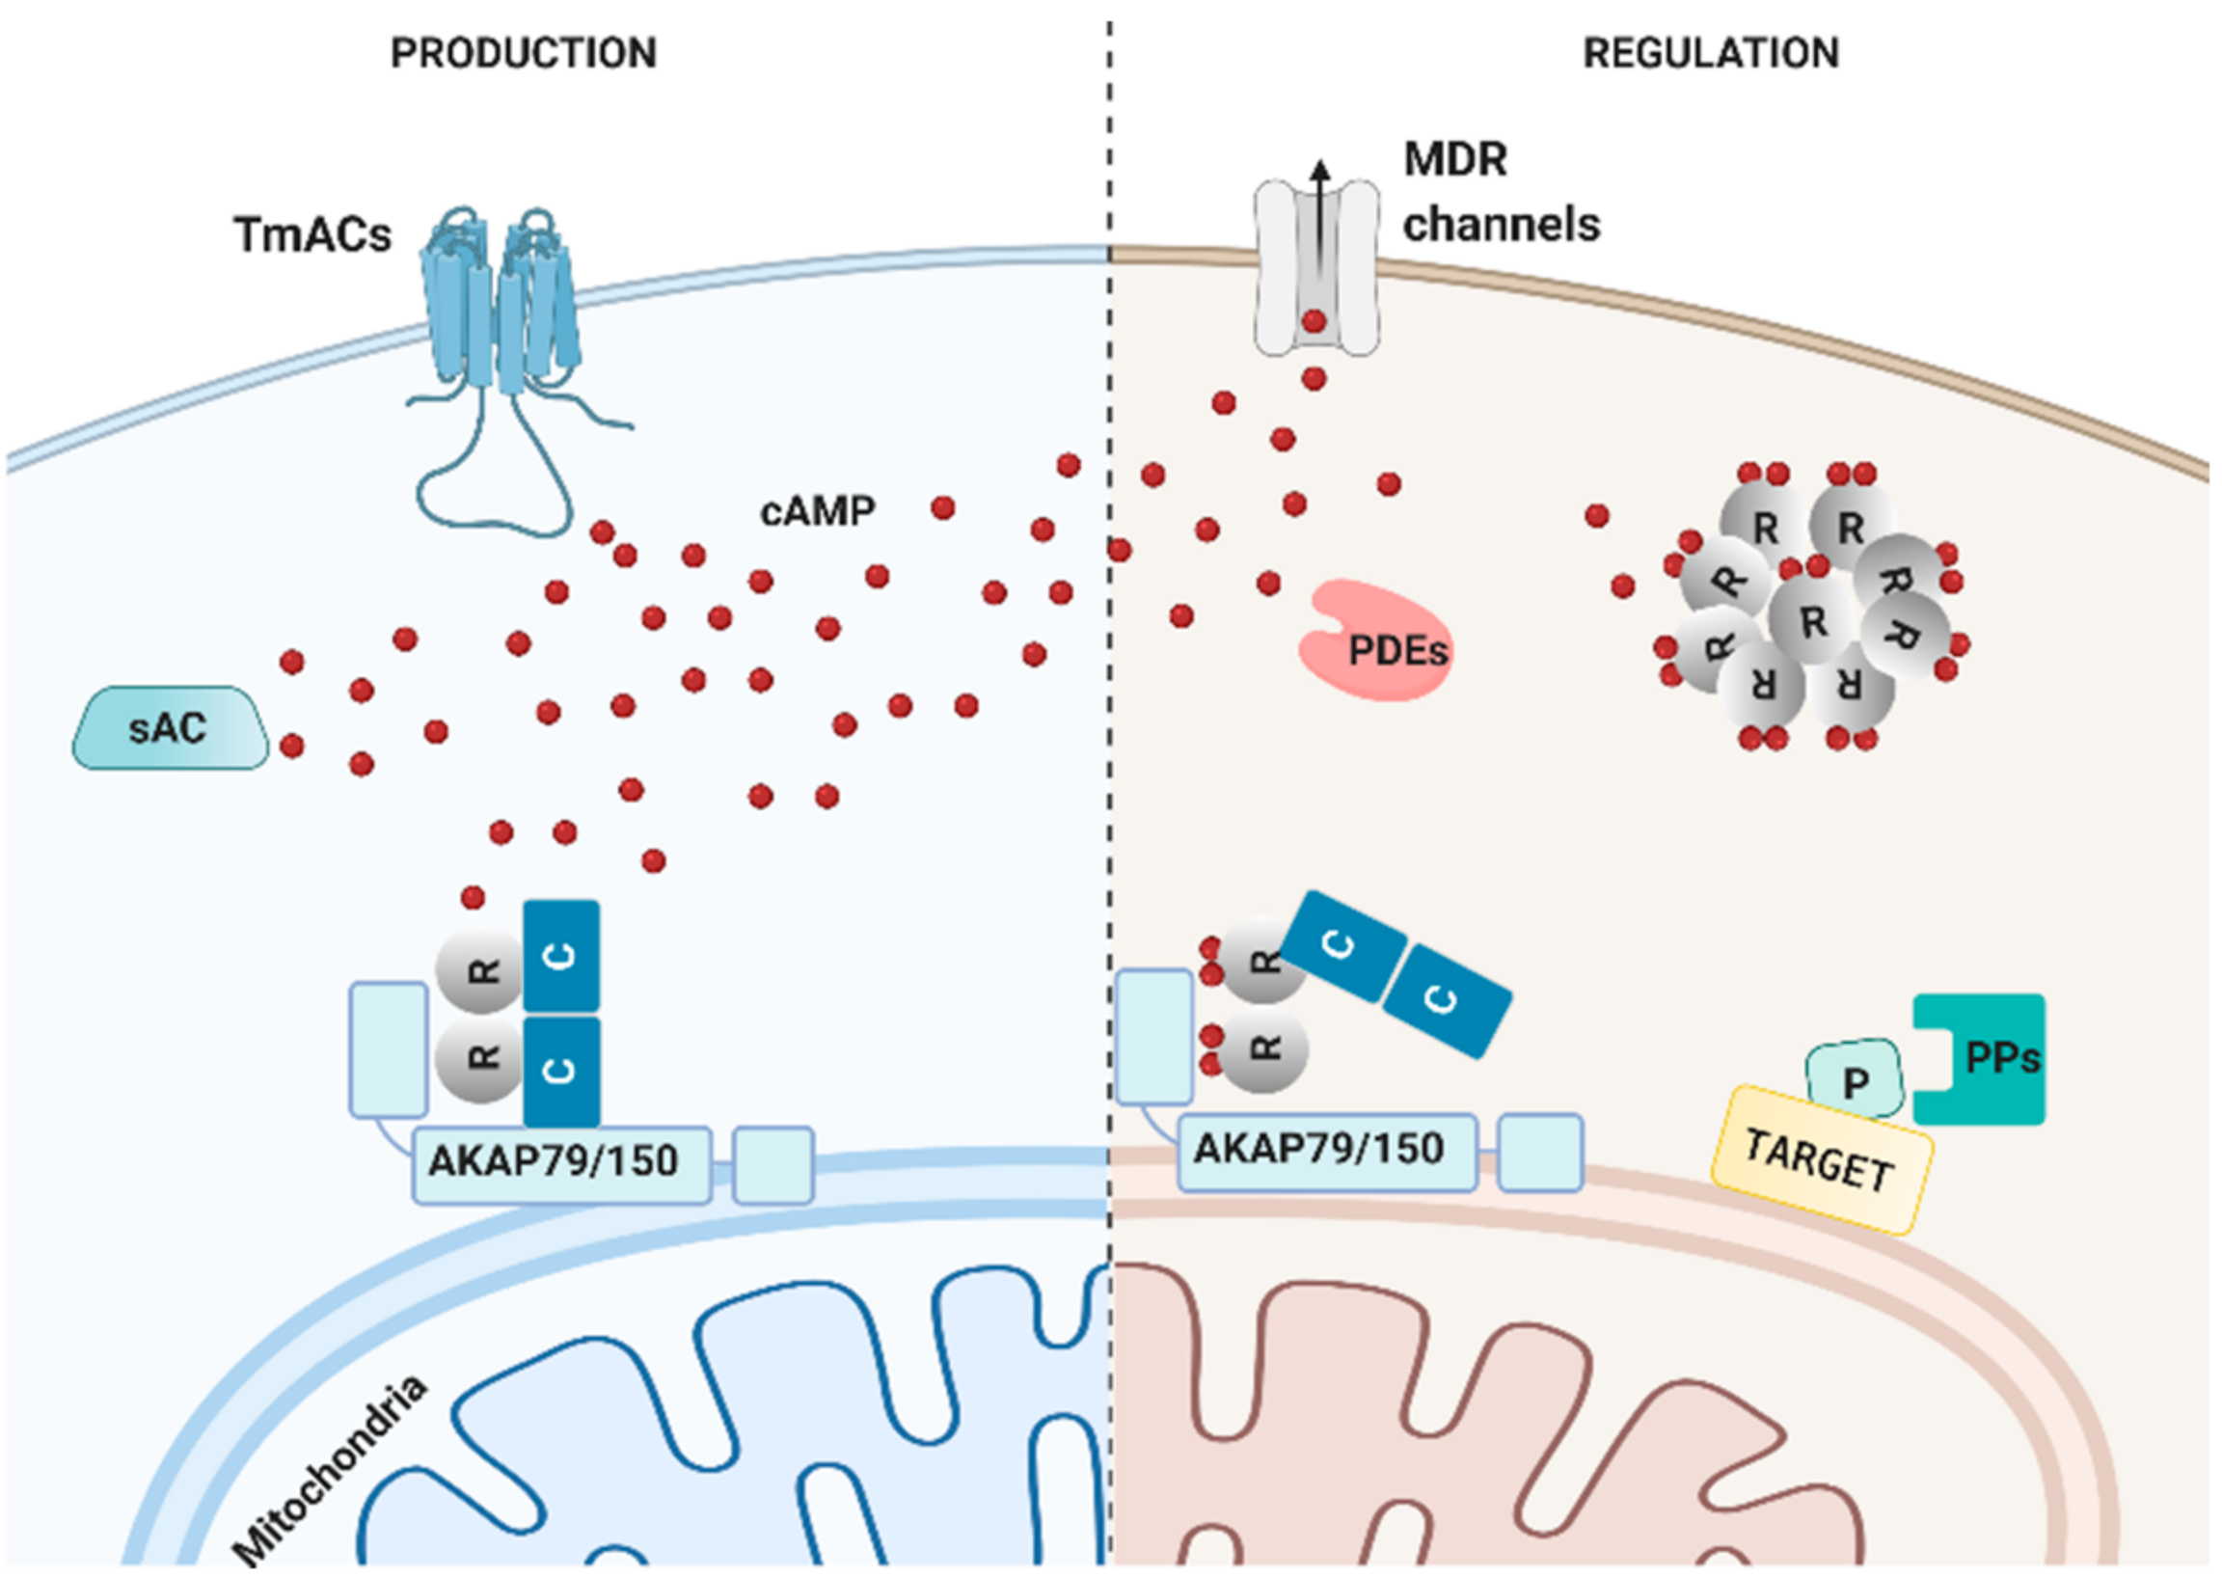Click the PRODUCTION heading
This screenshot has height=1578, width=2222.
pos(524,52)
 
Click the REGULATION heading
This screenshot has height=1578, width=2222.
pos(1711,52)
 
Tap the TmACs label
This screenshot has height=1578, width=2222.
pos(312,234)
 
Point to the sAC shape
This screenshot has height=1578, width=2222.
pos(170,728)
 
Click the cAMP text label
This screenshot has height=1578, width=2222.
pos(817,510)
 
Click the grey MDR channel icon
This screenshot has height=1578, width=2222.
pos(1316,267)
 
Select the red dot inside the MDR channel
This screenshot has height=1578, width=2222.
pos(1314,320)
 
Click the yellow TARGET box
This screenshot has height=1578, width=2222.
pos(1821,1160)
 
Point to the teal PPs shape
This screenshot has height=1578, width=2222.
pos(1982,1059)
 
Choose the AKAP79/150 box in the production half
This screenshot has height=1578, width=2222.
pos(561,1165)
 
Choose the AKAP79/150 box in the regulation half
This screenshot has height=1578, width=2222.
pos(1327,1153)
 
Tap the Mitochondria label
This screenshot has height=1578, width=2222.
pos(330,1468)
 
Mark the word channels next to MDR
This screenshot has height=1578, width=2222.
pos(1501,225)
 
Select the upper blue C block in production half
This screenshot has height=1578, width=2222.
pos(561,956)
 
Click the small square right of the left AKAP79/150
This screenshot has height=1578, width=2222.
pos(773,1165)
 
